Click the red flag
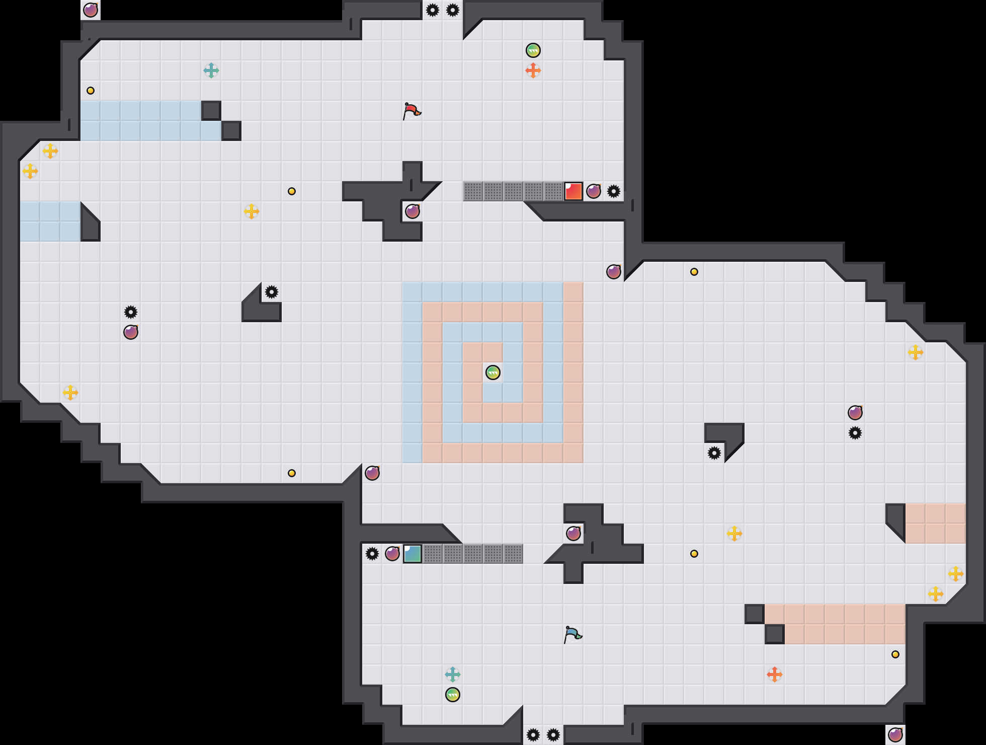pyautogui.click(x=412, y=111)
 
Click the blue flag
pyautogui.click(x=572, y=634)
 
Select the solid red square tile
pyautogui.click(x=573, y=191)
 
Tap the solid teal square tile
pyautogui.click(x=413, y=554)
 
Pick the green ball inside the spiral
pyautogui.click(x=493, y=372)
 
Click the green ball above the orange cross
pyautogui.click(x=533, y=50)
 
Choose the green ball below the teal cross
pyautogui.click(x=453, y=695)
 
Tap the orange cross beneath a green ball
pyautogui.click(x=533, y=70)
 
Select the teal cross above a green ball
pyautogui.click(x=453, y=675)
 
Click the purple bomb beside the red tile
pyautogui.click(x=594, y=191)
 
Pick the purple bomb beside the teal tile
pyautogui.click(x=392, y=554)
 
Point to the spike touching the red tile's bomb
pyautogui.click(x=614, y=191)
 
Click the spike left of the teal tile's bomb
pyautogui.click(x=372, y=554)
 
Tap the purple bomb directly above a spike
pyautogui.click(x=855, y=413)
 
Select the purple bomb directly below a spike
pyautogui.click(x=131, y=332)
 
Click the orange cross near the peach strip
pyautogui.click(x=775, y=675)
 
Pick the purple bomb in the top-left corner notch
pyautogui.click(x=91, y=10)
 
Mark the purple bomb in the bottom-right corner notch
pyautogui.click(x=895, y=735)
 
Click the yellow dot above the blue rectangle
pyautogui.click(x=91, y=91)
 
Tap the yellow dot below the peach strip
pyautogui.click(x=895, y=654)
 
